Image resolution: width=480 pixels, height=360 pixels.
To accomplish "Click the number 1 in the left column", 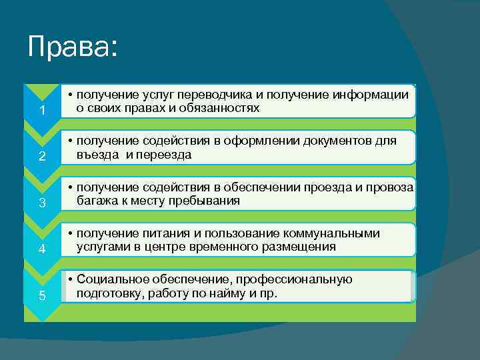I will [x=41, y=110].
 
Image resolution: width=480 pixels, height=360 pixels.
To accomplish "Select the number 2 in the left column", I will [x=41, y=157].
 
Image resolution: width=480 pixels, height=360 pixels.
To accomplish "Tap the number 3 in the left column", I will [x=41, y=203].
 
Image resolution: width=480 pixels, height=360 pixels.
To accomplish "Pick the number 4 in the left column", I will [x=41, y=250].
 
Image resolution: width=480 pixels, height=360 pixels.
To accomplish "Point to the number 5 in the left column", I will [x=41, y=296].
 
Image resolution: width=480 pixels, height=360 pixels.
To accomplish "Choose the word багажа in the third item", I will [x=95, y=200].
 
